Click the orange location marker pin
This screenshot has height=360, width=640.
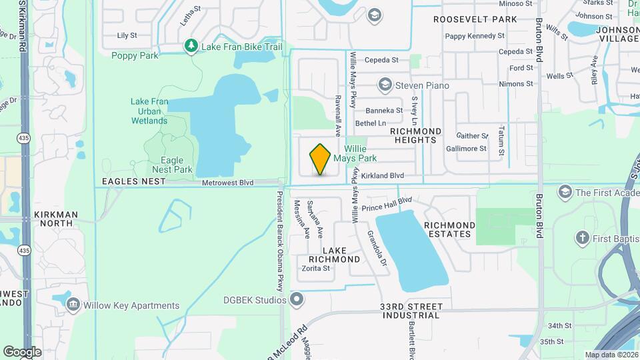coord(321,159)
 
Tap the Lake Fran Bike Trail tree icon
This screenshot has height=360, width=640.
coord(191,47)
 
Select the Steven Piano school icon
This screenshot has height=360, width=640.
coord(384,85)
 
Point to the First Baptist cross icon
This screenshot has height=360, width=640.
coord(582,238)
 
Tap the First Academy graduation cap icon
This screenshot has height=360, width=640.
coord(565,193)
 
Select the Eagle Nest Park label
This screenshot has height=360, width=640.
coord(172,165)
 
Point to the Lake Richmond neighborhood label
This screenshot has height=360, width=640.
coord(335,254)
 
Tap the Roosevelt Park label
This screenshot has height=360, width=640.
coord(475,19)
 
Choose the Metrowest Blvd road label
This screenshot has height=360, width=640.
coord(228,182)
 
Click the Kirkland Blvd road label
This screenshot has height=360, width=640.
coord(383,175)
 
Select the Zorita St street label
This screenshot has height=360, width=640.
coord(316,269)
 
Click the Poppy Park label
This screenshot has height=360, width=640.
coord(135,56)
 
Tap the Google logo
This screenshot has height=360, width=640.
coord(22,351)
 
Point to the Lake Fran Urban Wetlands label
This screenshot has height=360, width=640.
coord(149,111)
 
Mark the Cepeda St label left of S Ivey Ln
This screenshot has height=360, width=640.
coord(381,60)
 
